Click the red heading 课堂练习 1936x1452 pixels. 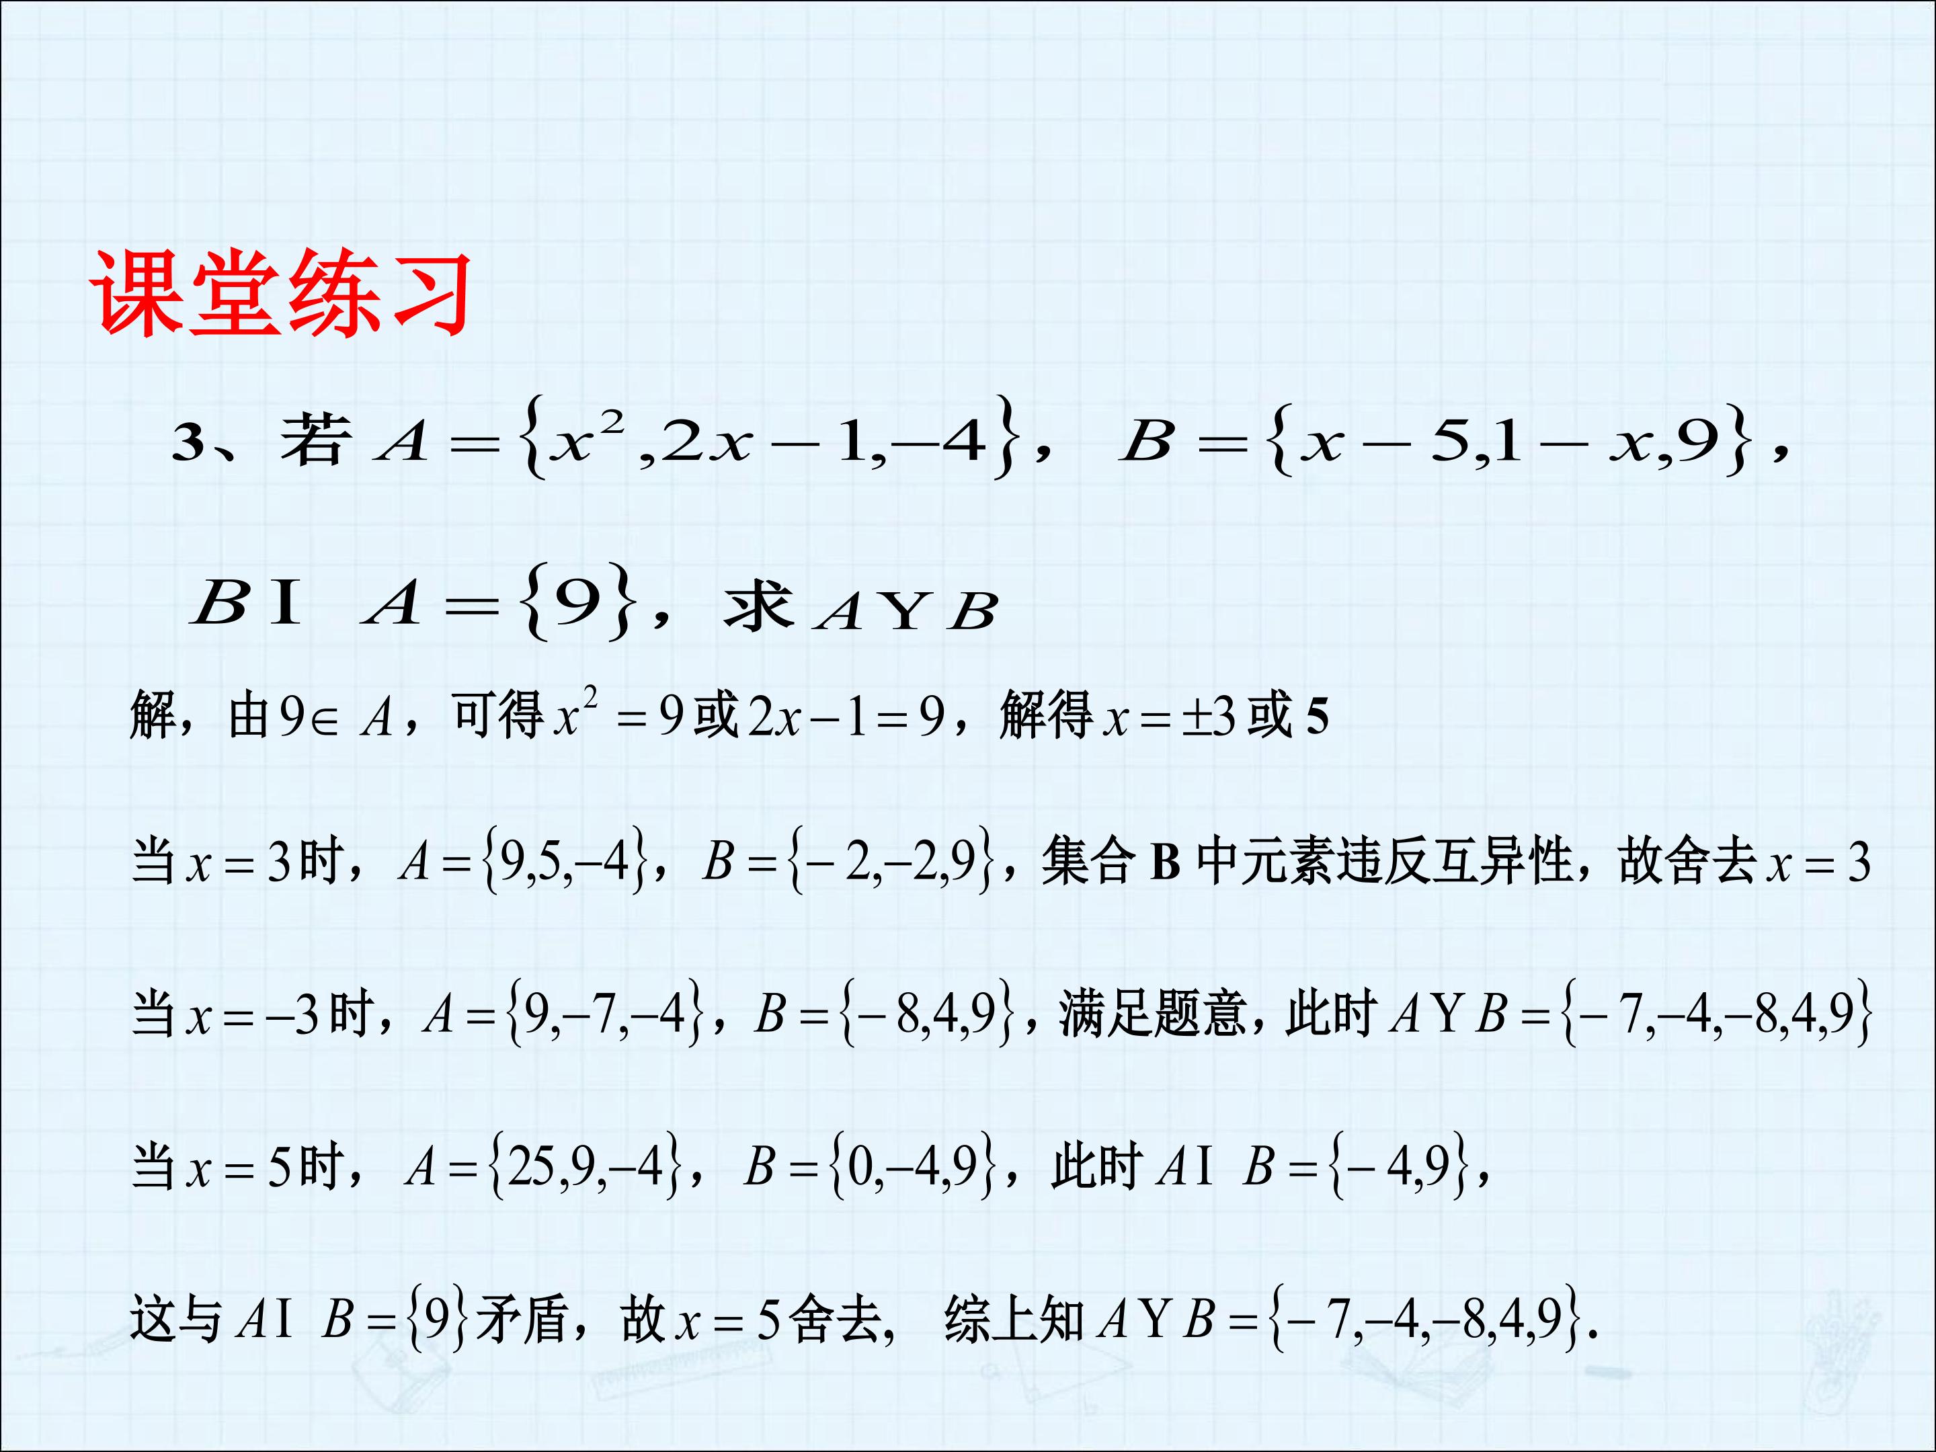(x=282, y=292)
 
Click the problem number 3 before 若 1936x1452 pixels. (x=188, y=443)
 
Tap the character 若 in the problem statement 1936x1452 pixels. (x=316, y=440)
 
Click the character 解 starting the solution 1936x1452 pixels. (x=153, y=715)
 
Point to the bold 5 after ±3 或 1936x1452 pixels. (x=1317, y=718)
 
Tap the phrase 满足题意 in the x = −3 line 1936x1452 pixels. (x=1152, y=1014)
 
